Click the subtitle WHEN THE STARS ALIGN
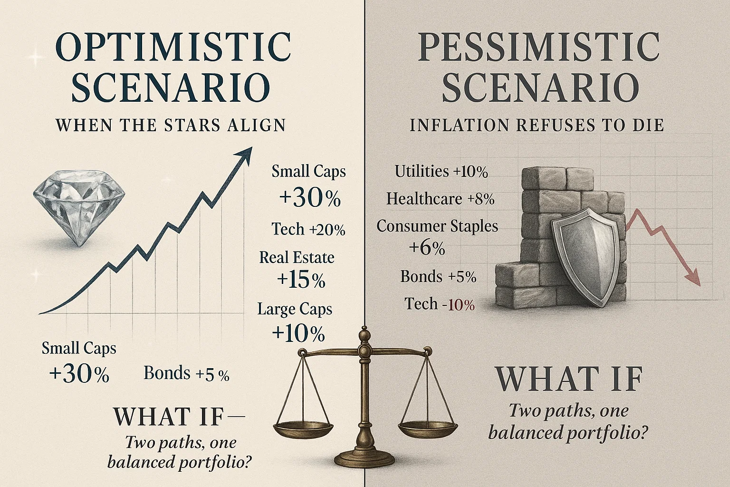[x=171, y=125]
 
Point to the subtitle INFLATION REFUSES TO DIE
[x=537, y=125]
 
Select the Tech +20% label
[x=308, y=229]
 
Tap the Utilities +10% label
[x=441, y=171]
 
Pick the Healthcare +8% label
[x=440, y=199]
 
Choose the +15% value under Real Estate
[x=301, y=280]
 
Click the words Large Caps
[x=295, y=309]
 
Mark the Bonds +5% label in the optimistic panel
[x=186, y=373]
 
